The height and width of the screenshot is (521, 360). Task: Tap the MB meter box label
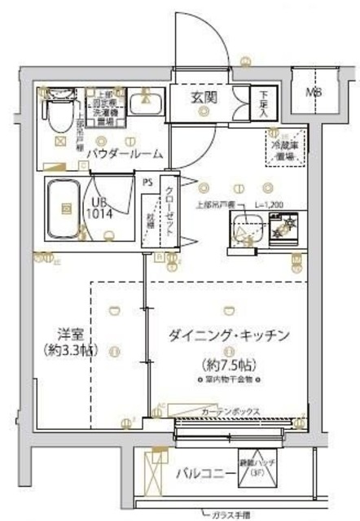click(313, 92)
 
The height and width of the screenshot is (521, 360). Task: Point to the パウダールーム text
click(124, 154)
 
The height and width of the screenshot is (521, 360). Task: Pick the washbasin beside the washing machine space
click(149, 103)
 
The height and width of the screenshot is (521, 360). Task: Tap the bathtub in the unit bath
click(60, 208)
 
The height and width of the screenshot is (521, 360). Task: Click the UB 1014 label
click(102, 207)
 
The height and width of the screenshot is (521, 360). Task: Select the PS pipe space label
click(147, 182)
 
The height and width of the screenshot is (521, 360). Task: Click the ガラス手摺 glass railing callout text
click(232, 513)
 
